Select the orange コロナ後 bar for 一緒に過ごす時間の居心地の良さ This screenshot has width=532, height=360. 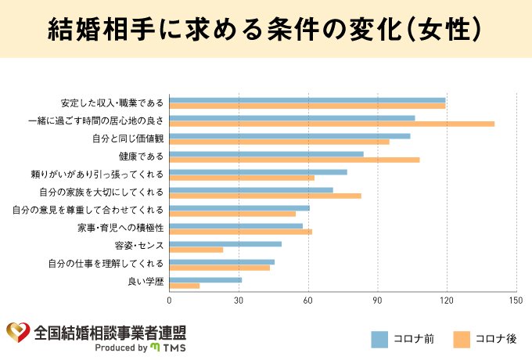click(x=332, y=124)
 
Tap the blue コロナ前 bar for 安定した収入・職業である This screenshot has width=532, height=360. click(x=307, y=100)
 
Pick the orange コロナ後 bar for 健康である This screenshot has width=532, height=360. click(x=294, y=160)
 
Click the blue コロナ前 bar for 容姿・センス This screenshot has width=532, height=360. click(x=225, y=244)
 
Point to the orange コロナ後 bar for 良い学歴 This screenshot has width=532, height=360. click(x=185, y=286)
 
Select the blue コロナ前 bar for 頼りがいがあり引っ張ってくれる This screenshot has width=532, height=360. click(x=258, y=172)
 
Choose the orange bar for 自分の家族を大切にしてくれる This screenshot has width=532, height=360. click(x=265, y=196)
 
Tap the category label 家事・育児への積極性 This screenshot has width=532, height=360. click(x=120, y=228)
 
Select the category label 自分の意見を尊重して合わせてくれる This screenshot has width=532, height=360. click(x=88, y=210)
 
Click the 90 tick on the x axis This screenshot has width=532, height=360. click(x=377, y=299)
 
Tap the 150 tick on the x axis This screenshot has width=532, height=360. click(x=515, y=299)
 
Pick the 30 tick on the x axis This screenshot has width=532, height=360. click(x=239, y=299)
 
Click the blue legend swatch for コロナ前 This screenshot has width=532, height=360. click(x=379, y=338)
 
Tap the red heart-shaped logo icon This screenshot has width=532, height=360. click(x=17, y=332)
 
